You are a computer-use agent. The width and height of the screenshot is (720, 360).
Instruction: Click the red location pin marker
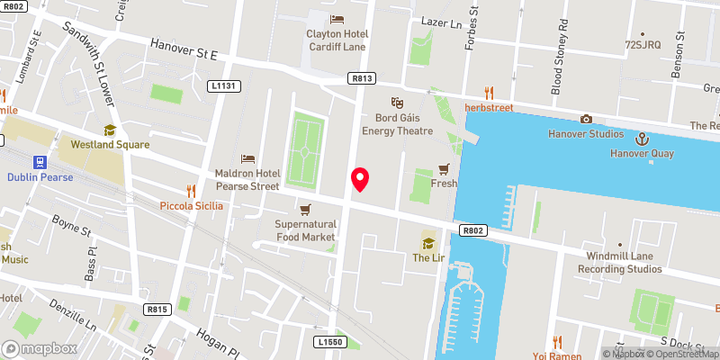point(361,179)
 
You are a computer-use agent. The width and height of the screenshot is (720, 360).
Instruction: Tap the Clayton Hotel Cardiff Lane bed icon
point(337,19)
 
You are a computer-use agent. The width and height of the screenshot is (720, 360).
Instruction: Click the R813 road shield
point(363,79)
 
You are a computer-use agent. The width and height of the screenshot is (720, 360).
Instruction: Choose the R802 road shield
point(475,231)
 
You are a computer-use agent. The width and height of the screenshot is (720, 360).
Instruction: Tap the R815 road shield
point(157,310)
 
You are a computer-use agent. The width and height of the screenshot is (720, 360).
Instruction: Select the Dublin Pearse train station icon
point(40,162)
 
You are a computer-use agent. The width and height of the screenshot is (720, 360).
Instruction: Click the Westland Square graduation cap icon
point(110,130)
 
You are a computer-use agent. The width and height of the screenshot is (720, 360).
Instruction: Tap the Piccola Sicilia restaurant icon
point(191,190)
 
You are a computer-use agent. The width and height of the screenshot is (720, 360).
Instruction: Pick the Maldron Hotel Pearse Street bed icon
point(248,158)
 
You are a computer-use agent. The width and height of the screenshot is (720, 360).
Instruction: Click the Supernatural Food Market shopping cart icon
point(305,209)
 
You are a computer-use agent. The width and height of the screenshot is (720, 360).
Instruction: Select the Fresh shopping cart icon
point(444,168)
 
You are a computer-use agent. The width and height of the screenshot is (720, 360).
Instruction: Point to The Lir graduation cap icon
point(428,242)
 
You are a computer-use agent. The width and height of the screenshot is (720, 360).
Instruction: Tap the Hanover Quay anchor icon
point(643,139)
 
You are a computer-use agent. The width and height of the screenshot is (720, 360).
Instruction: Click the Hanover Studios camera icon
point(586,120)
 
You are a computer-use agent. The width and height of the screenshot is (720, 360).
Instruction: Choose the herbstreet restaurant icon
point(489,92)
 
